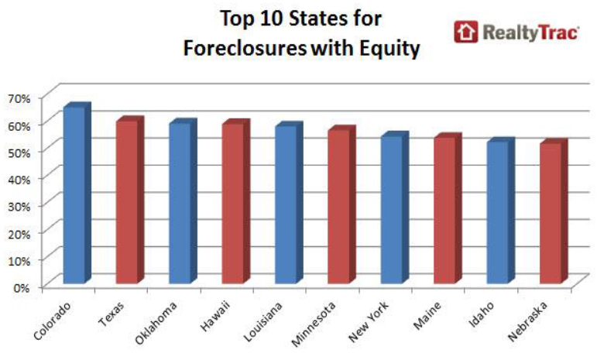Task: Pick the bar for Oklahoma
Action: (x=184, y=201)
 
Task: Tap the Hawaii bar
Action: (x=236, y=201)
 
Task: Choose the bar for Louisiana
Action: (x=289, y=203)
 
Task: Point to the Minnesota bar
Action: (x=342, y=204)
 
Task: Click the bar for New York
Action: (x=395, y=207)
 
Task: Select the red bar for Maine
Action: (x=448, y=208)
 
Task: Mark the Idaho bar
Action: (x=501, y=211)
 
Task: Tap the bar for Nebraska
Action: (x=554, y=211)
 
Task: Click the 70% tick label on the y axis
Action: (x=19, y=99)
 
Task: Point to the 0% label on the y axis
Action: (x=22, y=287)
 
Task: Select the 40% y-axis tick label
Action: (x=19, y=180)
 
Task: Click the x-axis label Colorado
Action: (x=52, y=321)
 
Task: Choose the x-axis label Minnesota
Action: (x=314, y=324)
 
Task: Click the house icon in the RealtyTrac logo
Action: (x=465, y=32)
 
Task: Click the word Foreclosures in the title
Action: (x=245, y=48)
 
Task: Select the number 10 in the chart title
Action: (x=273, y=19)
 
